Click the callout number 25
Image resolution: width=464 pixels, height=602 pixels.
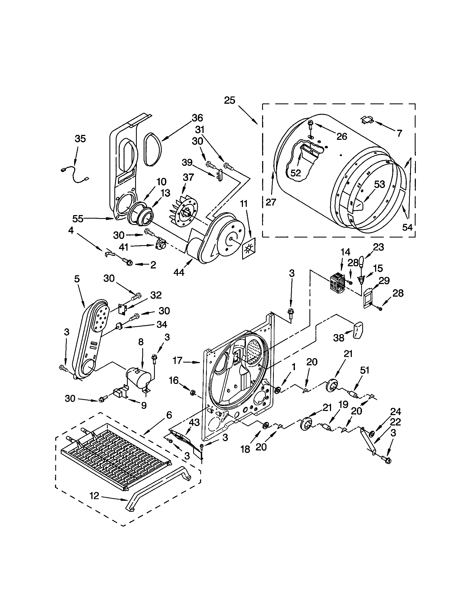tap(229, 100)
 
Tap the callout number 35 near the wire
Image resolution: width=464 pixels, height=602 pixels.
tap(80, 139)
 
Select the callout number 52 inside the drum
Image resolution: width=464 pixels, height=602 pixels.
tap(295, 173)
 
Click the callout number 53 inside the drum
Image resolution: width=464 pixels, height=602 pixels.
tap(379, 184)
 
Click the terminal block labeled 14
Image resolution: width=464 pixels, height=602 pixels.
tap(337, 282)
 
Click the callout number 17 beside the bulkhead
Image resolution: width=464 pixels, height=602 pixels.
tap(178, 360)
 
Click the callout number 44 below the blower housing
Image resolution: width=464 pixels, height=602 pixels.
tap(179, 272)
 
